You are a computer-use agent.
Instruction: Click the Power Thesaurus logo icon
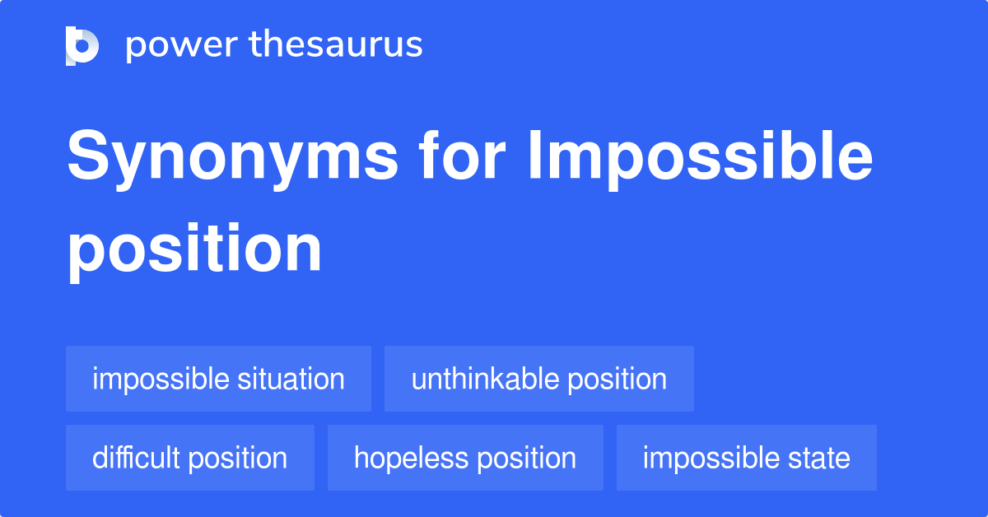82,46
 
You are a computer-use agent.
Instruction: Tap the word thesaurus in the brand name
336,44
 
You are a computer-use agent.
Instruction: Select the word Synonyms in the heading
232,160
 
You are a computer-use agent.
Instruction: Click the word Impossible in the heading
701,160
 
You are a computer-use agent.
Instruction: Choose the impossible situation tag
218,379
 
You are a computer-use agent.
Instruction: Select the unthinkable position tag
539,379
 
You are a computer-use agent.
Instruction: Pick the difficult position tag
190,458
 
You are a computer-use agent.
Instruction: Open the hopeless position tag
465,458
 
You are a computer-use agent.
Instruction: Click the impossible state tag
746,458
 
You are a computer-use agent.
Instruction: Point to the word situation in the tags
291,379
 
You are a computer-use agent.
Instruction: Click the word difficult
135,458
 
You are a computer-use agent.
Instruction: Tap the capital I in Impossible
534,155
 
